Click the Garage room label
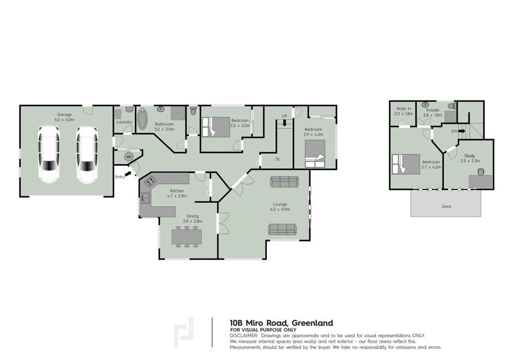64,114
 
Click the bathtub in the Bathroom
142,119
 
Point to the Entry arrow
128,174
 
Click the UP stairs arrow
285,123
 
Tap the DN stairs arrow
462,131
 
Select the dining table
187,237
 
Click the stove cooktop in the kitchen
150,181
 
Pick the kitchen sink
145,198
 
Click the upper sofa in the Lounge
284,182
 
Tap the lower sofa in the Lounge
282,230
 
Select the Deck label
447,206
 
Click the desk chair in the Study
481,172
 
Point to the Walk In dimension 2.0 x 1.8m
404,114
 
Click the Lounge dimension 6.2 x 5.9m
280,209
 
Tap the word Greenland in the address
312,323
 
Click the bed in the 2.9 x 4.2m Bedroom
315,154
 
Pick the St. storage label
278,159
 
